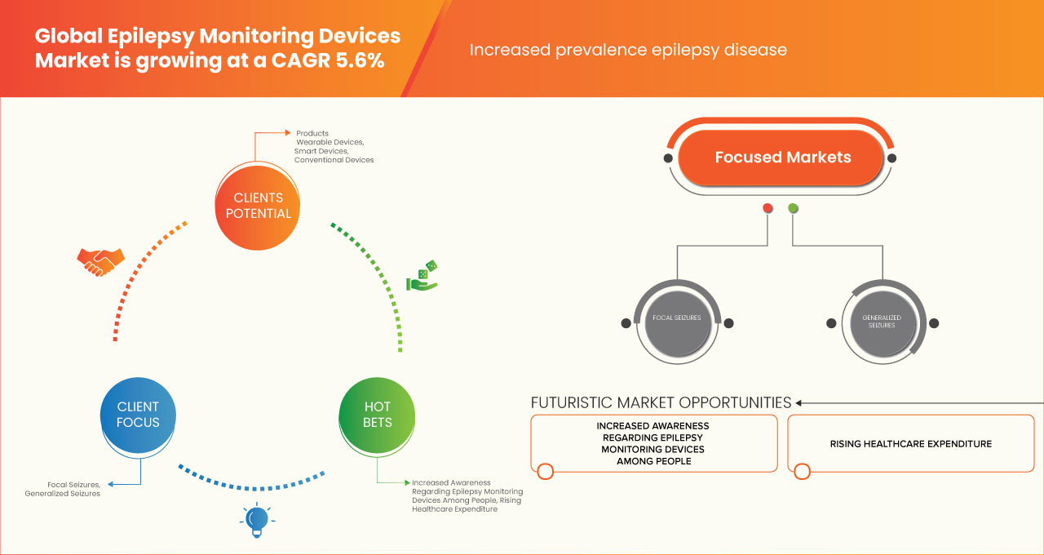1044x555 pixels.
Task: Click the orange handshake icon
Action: [101, 261]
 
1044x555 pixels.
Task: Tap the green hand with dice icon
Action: [422, 277]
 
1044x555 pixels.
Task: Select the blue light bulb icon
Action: [257, 520]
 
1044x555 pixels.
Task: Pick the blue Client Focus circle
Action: [138, 414]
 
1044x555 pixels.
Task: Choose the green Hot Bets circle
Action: [377, 414]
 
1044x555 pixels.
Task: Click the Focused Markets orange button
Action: [782, 158]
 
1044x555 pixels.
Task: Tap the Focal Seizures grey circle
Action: [677, 318]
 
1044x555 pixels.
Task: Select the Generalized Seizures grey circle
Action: [882, 321]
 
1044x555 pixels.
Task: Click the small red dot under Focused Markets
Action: [768, 209]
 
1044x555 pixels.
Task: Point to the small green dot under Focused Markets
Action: [793, 209]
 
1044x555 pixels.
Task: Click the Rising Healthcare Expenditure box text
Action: [910, 444]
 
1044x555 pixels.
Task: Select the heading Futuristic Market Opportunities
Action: [661, 402]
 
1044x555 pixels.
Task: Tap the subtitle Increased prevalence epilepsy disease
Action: [628, 50]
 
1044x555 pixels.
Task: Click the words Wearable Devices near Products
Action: [330, 142]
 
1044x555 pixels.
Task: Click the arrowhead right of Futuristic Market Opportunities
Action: [799, 402]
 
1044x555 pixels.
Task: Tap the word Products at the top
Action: [312, 133]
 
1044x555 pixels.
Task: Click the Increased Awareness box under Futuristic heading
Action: [652, 443]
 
